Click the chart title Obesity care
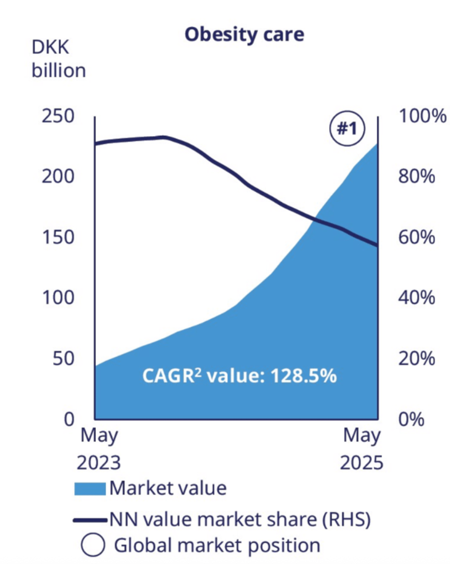[x=244, y=34]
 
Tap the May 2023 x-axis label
[x=99, y=449]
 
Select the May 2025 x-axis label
[x=362, y=449]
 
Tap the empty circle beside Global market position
[x=94, y=546]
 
